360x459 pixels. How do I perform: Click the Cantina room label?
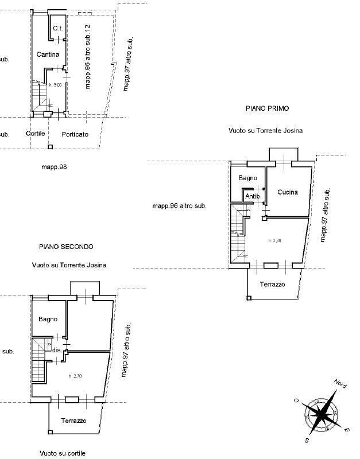[x=48, y=55]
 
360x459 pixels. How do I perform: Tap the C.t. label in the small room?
[x=57, y=28]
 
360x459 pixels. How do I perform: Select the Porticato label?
[x=75, y=134]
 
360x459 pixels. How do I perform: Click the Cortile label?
[x=36, y=134]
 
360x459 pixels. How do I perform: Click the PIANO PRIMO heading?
[x=267, y=108]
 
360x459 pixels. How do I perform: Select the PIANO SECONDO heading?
[x=66, y=246]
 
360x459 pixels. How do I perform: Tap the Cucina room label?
[x=288, y=192]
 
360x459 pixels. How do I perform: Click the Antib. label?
[x=253, y=197]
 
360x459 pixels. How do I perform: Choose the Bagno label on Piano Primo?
[x=248, y=178]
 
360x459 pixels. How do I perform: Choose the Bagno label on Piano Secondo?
[x=48, y=319]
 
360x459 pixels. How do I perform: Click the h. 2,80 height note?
[x=274, y=241]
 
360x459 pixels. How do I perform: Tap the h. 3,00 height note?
[x=55, y=85]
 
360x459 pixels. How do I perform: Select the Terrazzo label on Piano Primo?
[x=272, y=285]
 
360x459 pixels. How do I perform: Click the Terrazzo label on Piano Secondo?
[x=73, y=421]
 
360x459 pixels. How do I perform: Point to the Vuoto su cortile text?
[x=63, y=453]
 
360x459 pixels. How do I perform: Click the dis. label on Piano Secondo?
[x=56, y=349]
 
